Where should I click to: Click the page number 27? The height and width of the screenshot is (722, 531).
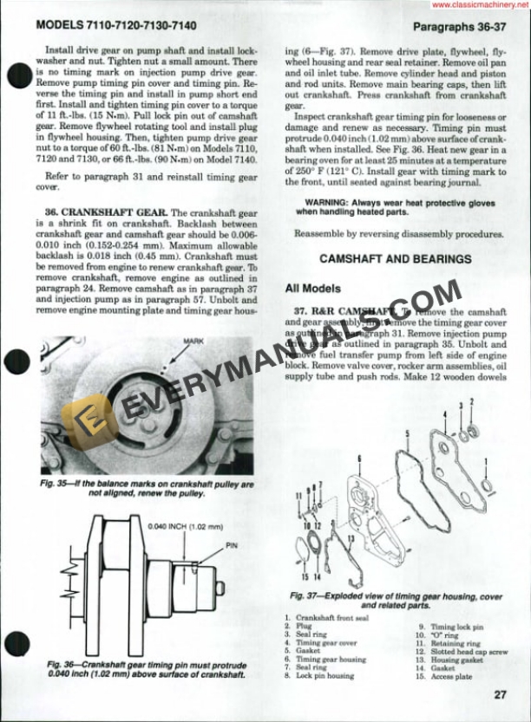pyautogui.click(x=500, y=693)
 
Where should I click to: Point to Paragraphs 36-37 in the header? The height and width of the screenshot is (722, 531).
pyautogui.click(x=463, y=27)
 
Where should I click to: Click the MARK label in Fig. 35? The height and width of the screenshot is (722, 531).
pyautogui.click(x=192, y=342)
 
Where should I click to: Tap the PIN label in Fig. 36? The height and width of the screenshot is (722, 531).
pyautogui.click(x=232, y=547)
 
